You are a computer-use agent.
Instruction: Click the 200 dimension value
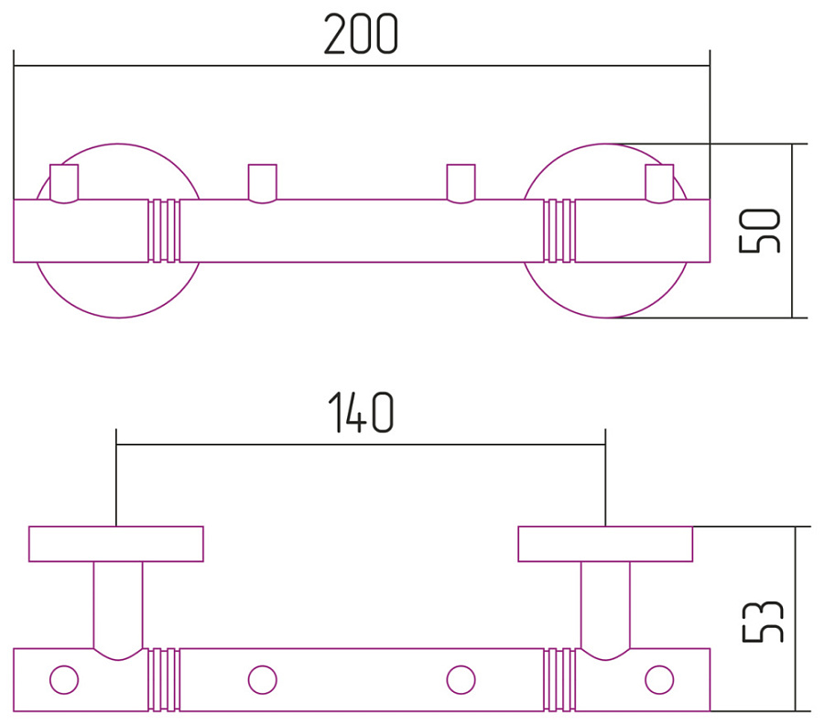point(361,36)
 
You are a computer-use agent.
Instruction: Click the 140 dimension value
point(361,414)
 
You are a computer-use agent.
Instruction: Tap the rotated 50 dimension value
point(761,230)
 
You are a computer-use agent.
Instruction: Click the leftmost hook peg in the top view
point(64,182)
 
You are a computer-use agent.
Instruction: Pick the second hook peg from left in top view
point(263,182)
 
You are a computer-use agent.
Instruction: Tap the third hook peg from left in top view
point(460,182)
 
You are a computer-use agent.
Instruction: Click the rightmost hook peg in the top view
point(658,182)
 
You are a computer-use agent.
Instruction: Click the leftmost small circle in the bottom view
point(64,680)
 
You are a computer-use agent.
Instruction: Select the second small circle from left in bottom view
point(263,680)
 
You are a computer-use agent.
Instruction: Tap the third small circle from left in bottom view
point(461,680)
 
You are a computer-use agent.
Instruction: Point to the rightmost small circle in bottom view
point(658,680)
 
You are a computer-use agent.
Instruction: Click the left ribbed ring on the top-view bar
point(164,231)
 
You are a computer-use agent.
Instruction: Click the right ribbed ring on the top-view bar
point(559,231)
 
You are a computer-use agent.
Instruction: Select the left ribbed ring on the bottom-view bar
point(164,680)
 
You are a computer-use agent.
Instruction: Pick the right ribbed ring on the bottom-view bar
point(559,680)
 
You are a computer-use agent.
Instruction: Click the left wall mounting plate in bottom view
point(116,544)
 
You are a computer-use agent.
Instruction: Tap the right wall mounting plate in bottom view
point(605,544)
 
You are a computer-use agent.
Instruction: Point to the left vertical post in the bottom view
point(118,604)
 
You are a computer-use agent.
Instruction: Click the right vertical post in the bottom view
point(605,604)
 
